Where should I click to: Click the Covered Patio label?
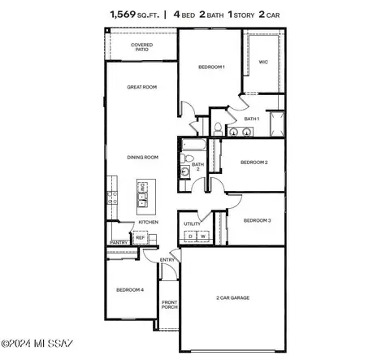(142, 47)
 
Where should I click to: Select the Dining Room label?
(141, 157)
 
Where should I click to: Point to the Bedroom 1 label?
(211, 67)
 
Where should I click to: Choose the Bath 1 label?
(251, 119)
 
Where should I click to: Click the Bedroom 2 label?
(253, 163)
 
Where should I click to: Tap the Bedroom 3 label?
(257, 220)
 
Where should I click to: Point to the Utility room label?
(193, 223)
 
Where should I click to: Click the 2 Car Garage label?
(232, 298)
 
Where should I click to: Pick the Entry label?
(168, 260)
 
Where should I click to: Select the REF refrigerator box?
(140, 238)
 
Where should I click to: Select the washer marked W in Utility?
(201, 236)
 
